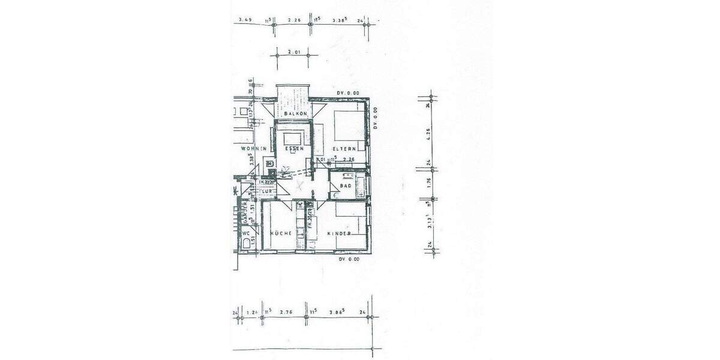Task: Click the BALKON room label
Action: (295, 113)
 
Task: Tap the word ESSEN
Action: (295, 148)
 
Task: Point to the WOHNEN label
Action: (253, 148)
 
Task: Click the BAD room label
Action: (345, 187)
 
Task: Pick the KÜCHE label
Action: (280, 233)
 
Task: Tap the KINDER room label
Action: (338, 233)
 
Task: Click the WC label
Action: (245, 233)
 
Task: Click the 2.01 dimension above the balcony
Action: (293, 52)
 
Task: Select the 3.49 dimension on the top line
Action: (244, 20)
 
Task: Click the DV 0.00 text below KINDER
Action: (349, 259)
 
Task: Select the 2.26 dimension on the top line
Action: (294, 20)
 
